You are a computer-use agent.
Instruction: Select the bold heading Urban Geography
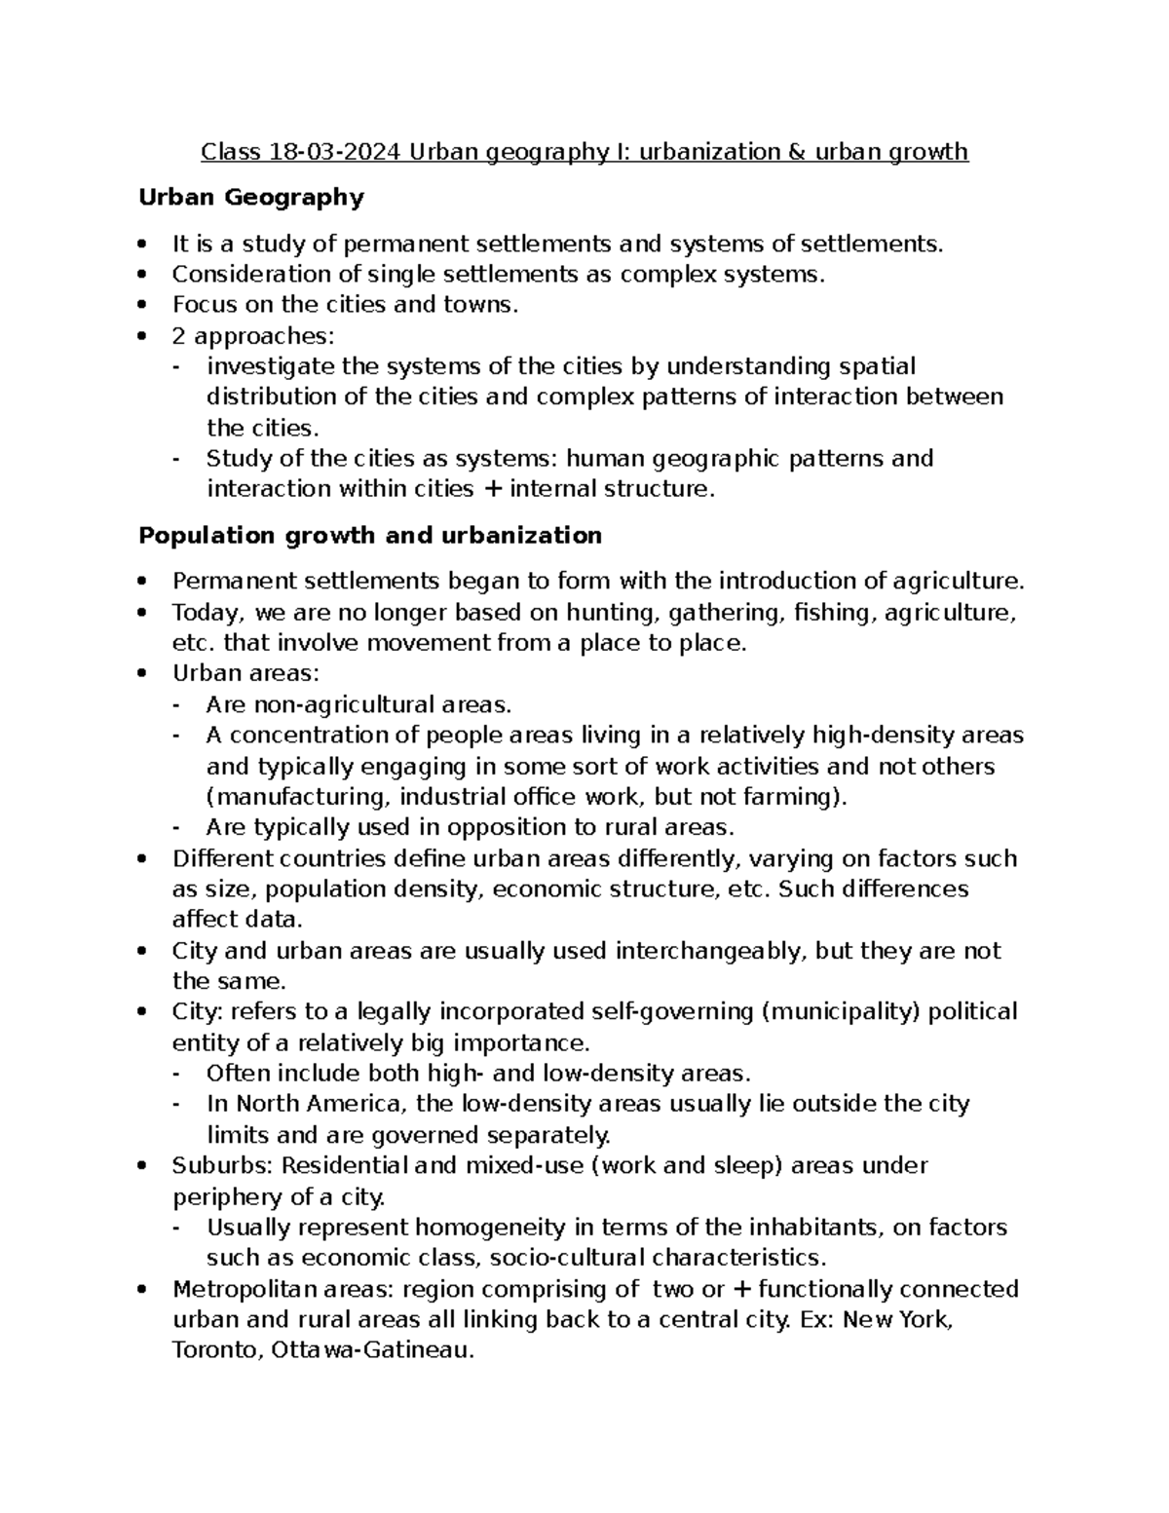click(251, 198)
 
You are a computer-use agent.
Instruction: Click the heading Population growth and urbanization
click(370, 536)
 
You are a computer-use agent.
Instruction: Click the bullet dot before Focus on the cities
click(144, 305)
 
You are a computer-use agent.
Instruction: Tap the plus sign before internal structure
click(493, 489)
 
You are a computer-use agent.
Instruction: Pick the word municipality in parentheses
click(841, 1012)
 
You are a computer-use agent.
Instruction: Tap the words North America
click(321, 1104)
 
